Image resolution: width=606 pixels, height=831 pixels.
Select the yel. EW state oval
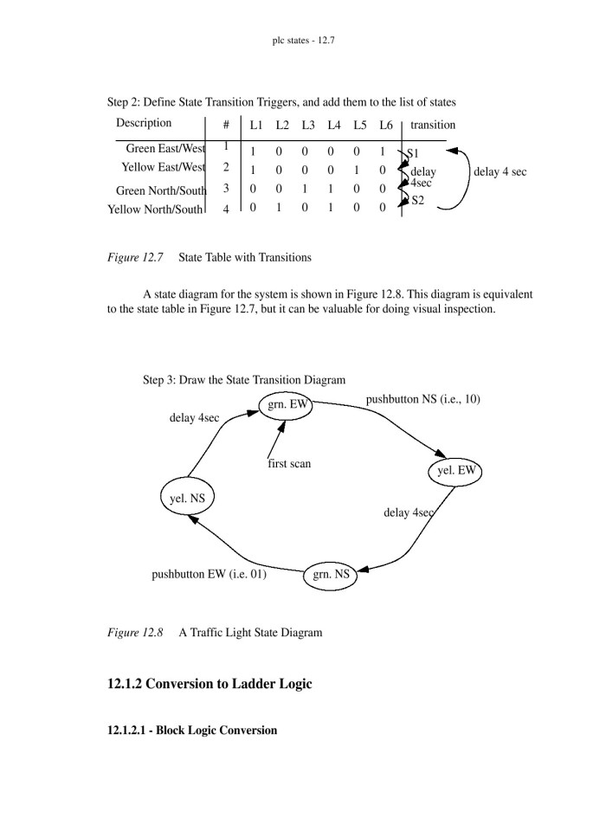tap(455, 472)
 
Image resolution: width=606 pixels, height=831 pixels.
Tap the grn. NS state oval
tap(330, 575)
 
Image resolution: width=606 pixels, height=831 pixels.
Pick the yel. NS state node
tap(188, 499)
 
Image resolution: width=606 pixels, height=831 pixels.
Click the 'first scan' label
tap(289, 464)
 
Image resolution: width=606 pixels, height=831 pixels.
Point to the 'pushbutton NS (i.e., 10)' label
tap(422, 399)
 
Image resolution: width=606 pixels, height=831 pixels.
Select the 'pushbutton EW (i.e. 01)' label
tap(209, 574)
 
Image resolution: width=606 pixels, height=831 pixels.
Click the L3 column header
tap(308, 126)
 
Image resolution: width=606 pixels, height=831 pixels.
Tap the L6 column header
tap(386, 126)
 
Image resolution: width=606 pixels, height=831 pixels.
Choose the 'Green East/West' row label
tap(165, 149)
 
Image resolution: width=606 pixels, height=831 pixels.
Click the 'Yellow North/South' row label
tap(156, 209)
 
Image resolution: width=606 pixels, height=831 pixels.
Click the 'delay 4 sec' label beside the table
tap(500, 172)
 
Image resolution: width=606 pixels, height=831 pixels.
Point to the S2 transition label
tap(418, 201)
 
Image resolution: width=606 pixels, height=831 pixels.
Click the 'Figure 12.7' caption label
tap(135, 257)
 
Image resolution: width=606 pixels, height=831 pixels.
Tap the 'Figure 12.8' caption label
tap(135, 633)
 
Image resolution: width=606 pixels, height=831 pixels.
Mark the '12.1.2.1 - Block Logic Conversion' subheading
tap(192, 731)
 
